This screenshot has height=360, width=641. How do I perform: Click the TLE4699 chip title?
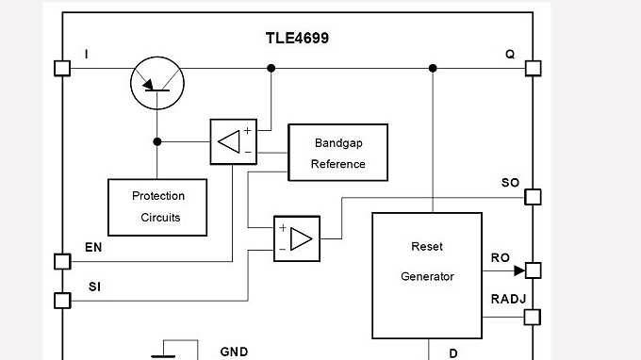point(297,39)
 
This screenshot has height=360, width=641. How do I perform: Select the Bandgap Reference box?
point(337,152)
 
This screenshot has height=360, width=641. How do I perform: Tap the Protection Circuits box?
point(157,206)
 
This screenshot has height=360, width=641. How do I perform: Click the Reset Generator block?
point(427,274)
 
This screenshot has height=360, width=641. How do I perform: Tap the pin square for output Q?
point(533,68)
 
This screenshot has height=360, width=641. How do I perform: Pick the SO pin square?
point(533,197)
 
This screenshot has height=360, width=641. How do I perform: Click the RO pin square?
point(533,270)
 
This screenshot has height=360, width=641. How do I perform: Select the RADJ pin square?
point(533,316)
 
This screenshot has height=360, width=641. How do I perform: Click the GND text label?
point(234,352)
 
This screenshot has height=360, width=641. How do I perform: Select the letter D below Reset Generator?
point(453,353)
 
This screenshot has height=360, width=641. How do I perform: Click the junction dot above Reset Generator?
point(433,68)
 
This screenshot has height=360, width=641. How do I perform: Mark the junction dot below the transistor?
point(157,141)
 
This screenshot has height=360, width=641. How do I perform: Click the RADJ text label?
point(508,299)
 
